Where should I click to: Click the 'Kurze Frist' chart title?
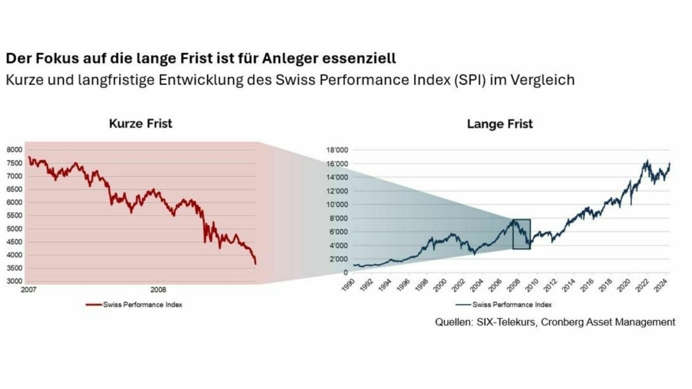[141, 124]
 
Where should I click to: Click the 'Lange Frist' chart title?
[499, 124]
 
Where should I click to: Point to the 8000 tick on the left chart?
[15, 149]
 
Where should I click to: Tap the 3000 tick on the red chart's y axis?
[15, 281]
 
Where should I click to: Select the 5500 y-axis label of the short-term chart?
[15, 215]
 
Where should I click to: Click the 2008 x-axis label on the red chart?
[159, 290]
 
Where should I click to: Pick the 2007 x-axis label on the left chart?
[29, 290]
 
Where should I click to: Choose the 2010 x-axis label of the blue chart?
[534, 287]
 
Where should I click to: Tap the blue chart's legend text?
[512, 305]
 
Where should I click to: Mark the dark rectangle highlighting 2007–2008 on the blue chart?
[521, 234]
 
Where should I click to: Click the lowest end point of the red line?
[255, 264]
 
